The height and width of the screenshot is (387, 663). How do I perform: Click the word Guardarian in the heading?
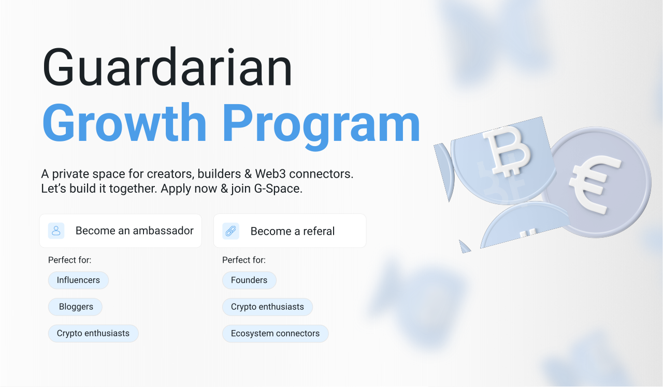(167, 67)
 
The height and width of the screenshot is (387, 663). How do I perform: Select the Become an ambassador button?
(121, 231)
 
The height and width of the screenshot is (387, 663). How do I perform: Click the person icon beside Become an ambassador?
(56, 231)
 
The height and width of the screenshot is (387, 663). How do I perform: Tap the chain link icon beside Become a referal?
(230, 231)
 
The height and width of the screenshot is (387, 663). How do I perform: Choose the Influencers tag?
(78, 280)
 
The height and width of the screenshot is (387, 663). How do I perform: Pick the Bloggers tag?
(76, 307)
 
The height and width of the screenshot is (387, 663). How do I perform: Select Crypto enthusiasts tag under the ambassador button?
(93, 333)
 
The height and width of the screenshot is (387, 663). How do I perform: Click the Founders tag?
(249, 280)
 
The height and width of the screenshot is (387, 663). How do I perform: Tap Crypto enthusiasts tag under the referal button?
(267, 307)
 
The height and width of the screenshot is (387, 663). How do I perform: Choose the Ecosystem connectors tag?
(275, 334)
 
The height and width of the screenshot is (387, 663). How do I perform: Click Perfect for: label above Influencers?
(69, 260)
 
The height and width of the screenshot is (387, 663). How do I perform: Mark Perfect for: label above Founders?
(243, 260)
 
